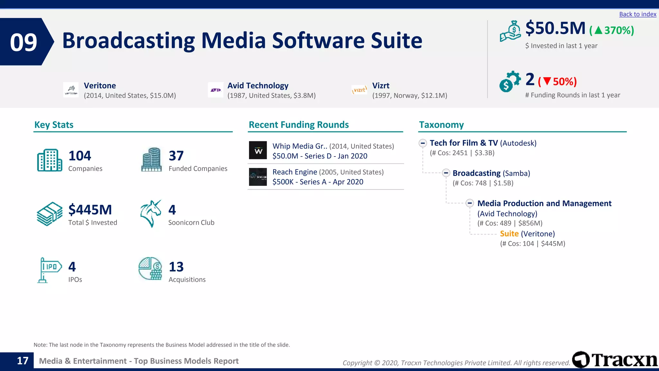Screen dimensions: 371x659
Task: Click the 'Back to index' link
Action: coord(637,14)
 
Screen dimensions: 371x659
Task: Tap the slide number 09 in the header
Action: coord(23,42)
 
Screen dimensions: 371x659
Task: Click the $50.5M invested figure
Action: coord(555,28)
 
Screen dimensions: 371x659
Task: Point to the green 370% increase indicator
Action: coord(612,30)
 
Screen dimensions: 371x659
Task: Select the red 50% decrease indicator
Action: coord(557,81)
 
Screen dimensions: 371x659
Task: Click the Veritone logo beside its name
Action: coord(71,90)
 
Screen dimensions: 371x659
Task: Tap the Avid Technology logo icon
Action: coord(216,90)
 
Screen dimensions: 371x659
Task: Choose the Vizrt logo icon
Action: coord(359,90)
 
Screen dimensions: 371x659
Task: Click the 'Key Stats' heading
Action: coord(54,125)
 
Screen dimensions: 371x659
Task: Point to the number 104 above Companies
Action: coord(80,156)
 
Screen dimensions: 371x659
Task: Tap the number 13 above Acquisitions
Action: coord(176,267)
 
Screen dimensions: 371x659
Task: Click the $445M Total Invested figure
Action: coord(90,210)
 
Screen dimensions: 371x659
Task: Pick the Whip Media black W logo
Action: coord(258,150)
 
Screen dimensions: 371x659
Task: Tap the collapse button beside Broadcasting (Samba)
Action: coord(446,173)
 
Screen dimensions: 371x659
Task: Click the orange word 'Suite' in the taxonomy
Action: coord(509,234)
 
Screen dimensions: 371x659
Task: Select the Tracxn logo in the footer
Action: coord(615,360)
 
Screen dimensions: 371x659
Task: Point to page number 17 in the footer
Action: coord(23,361)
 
